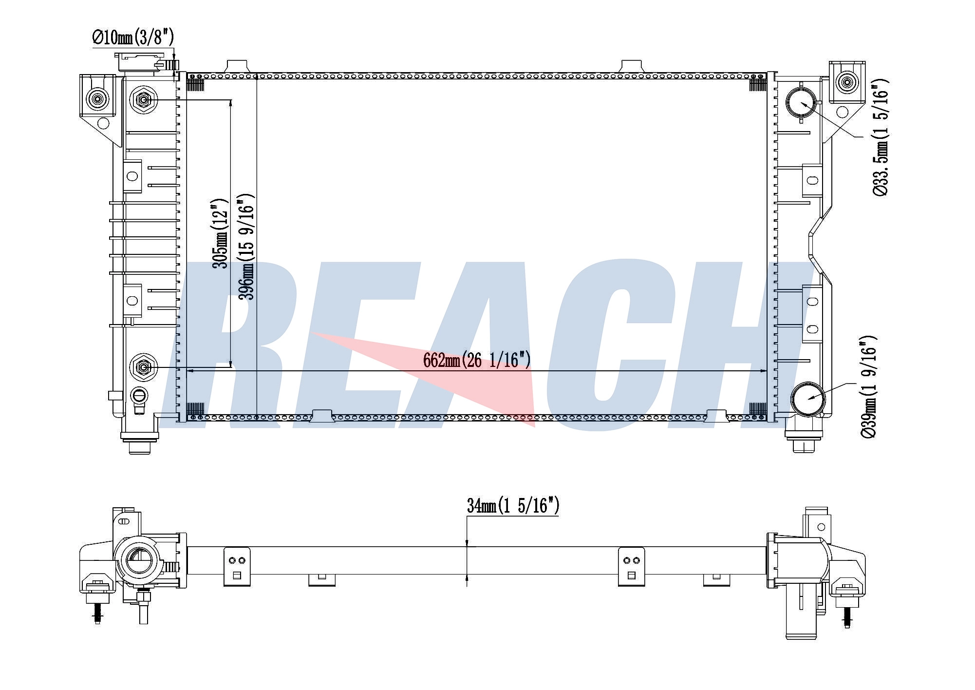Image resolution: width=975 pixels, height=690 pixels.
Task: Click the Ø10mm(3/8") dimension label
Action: pos(133,37)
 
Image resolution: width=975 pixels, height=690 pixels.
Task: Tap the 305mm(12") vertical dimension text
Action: pos(220,233)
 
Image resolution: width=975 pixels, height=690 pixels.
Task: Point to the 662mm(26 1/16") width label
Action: pos(477,360)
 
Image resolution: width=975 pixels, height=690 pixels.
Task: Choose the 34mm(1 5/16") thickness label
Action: pos(513,506)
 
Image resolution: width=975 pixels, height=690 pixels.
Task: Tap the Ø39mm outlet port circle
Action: pos(808,399)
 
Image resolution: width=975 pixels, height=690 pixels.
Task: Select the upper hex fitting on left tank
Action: pos(143,100)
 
